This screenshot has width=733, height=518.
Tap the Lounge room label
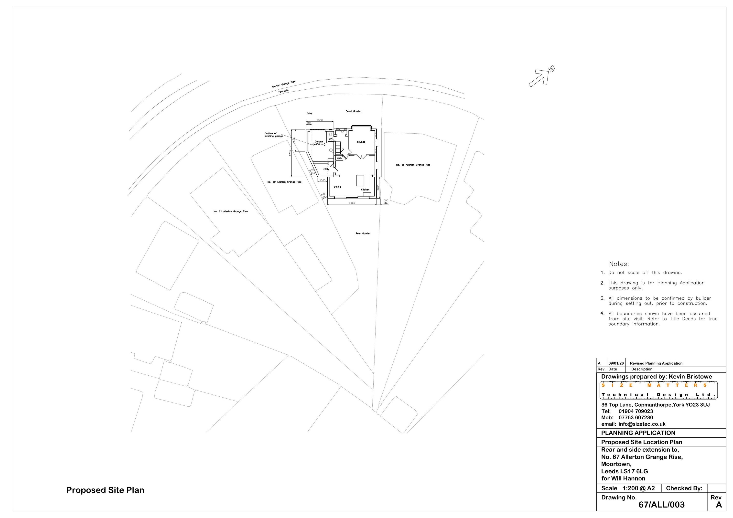(361, 142)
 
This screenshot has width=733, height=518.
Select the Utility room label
(326, 169)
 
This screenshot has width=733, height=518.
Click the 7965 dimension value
(352, 203)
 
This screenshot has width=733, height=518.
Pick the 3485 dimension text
(378, 188)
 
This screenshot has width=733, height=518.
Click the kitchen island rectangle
(360, 180)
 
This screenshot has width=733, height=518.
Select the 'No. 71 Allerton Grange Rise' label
(230, 211)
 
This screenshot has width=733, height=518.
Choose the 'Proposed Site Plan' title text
(105, 490)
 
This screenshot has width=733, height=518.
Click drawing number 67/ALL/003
(661, 505)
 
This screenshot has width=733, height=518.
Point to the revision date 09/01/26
(616, 363)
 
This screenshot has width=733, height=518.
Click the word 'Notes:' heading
(619, 264)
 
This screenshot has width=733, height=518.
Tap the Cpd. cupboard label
(339, 158)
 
